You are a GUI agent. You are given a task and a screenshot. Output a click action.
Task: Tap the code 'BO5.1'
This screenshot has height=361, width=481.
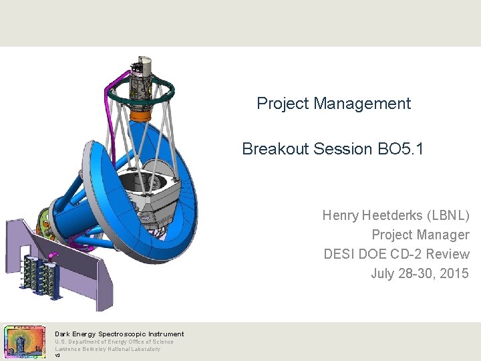(400, 148)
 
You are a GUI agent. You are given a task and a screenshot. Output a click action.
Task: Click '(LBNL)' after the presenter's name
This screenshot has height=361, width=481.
(450, 215)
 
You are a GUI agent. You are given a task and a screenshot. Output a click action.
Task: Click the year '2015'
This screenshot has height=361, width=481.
(454, 273)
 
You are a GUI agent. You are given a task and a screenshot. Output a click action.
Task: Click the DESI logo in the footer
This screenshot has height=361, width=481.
(25, 342)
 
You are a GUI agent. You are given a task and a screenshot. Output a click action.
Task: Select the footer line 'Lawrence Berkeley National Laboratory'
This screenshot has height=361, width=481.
(108, 349)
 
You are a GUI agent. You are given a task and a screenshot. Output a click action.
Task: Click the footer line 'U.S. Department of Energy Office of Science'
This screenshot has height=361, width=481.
(114, 342)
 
